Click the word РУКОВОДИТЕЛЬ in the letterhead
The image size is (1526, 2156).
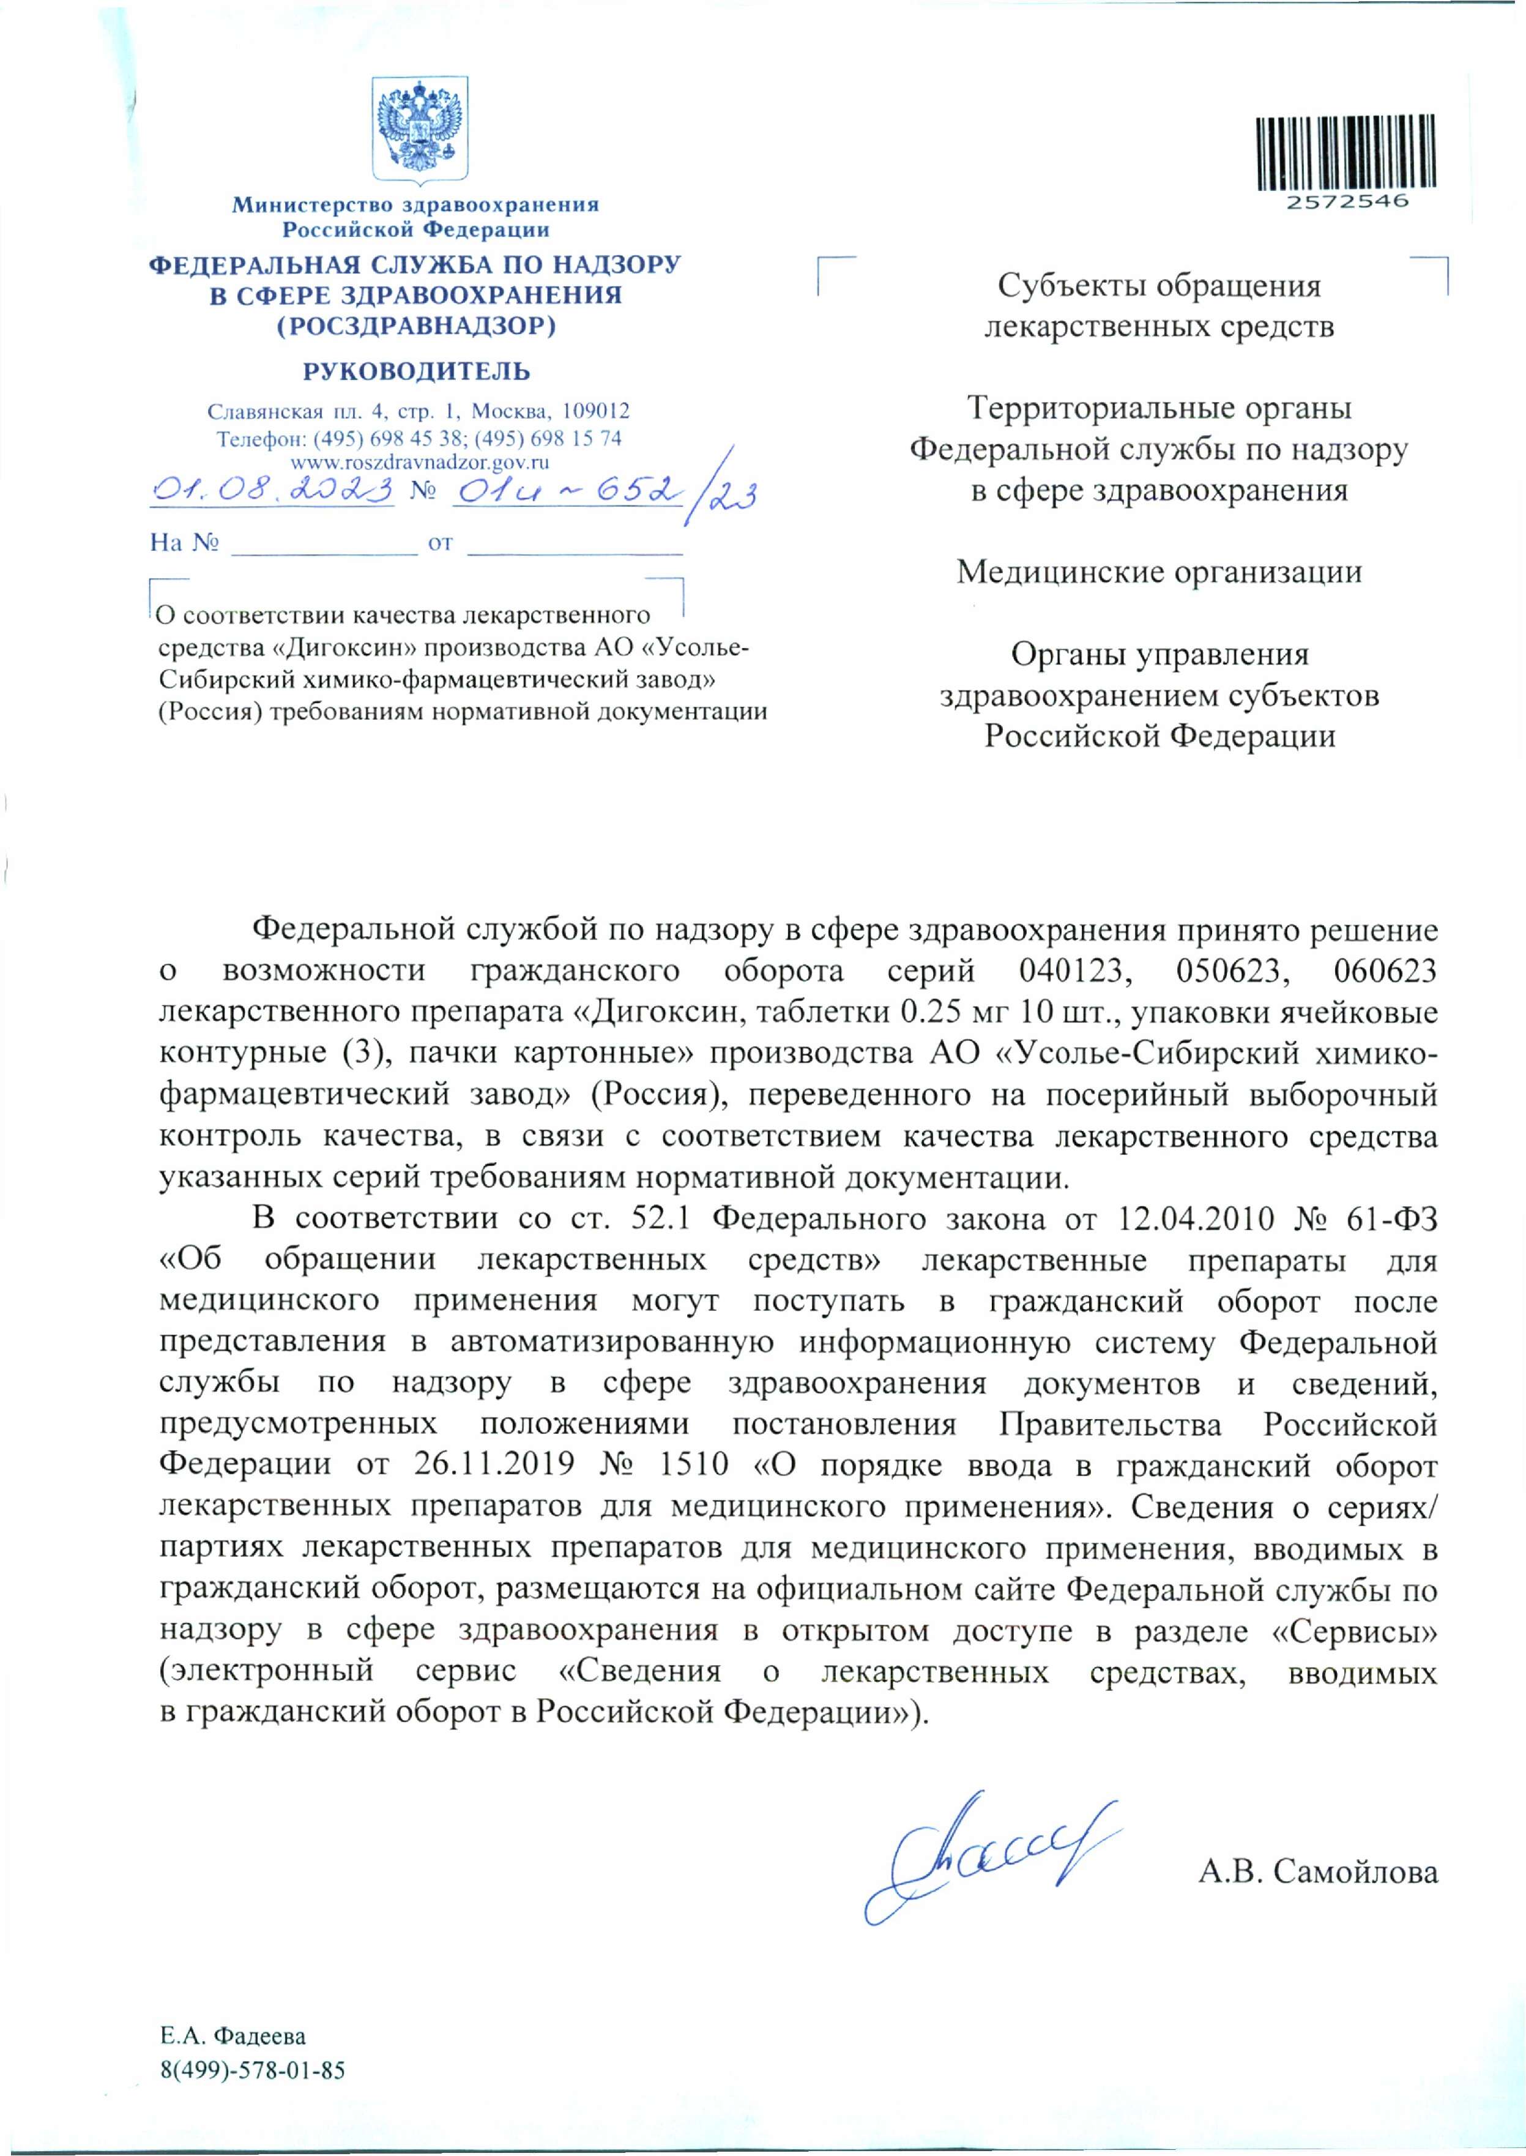point(416,371)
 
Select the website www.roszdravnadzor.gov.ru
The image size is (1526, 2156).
point(420,461)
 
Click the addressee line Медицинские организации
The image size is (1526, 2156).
point(1159,572)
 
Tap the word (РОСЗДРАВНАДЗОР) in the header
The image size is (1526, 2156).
point(416,326)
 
